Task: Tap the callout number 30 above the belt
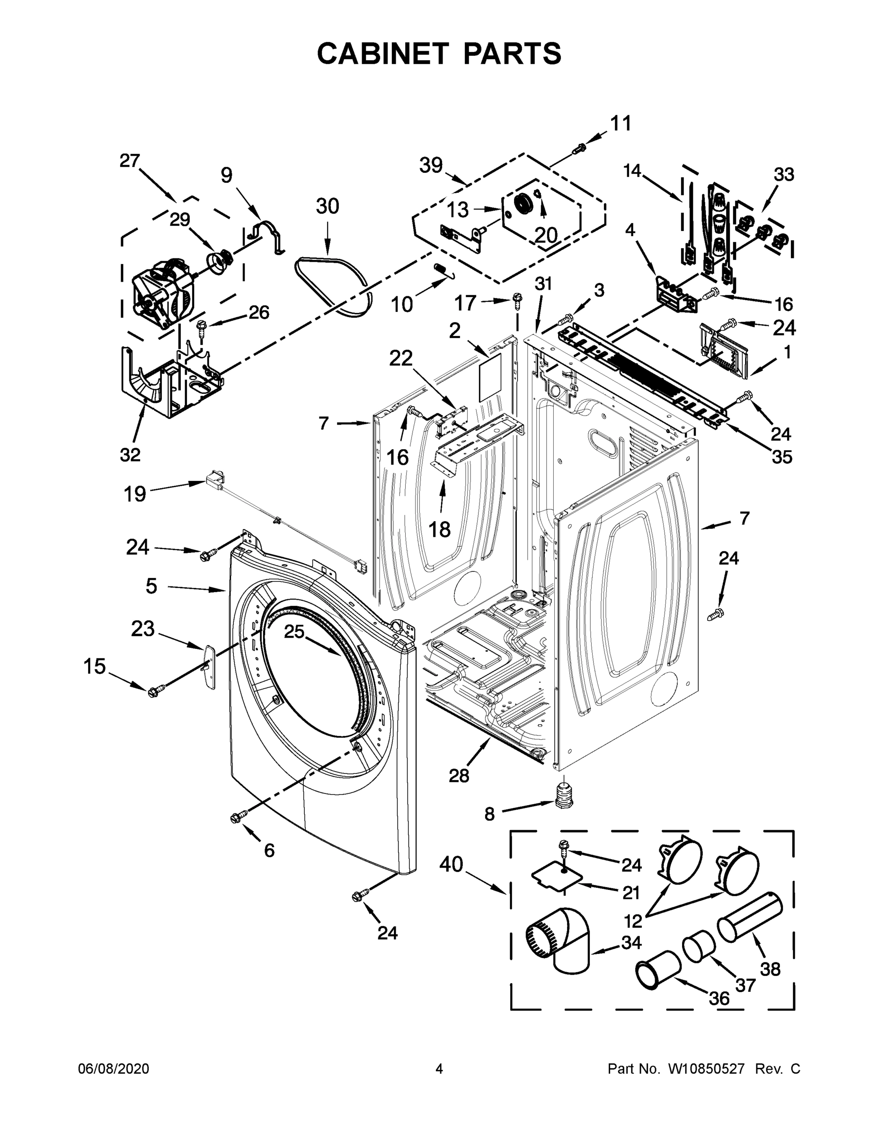[327, 206]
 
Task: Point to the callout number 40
[451, 864]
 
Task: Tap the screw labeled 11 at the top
[578, 149]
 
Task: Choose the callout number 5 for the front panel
[151, 586]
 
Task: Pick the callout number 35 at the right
[781, 457]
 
